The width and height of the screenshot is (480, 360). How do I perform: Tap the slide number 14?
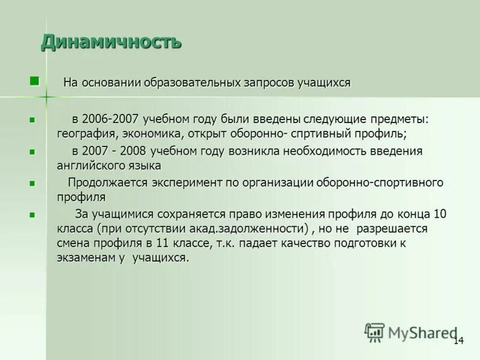pyautogui.click(x=458, y=341)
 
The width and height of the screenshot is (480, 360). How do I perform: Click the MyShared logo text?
pyautogui.click(x=422, y=332)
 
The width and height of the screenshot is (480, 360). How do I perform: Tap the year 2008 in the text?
pyautogui.click(x=133, y=151)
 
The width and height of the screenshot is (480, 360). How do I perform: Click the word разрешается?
pyautogui.click(x=391, y=229)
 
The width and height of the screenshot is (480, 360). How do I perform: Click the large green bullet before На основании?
pyautogui.click(x=34, y=80)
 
